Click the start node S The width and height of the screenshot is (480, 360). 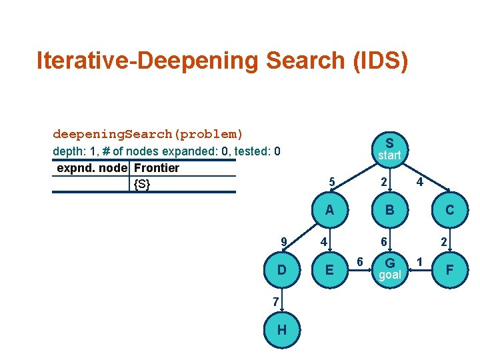tap(389, 149)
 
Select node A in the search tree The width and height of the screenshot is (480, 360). tap(329, 210)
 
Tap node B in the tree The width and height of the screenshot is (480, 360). tap(389, 210)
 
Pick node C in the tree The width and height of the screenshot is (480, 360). tap(450, 210)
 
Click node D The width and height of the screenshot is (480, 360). tap(282, 270)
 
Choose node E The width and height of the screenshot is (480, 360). tap(329, 270)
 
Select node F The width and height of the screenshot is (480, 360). tap(450, 270)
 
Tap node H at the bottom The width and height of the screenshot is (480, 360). tap(282, 331)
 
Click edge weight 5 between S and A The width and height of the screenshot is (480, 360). tap(331, 181)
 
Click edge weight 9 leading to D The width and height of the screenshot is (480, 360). tap(284, 241)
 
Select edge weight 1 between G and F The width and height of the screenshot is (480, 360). tap(419, 260)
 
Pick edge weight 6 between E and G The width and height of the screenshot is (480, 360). tap(359, 260)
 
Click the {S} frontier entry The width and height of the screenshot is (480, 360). tap(141, 184)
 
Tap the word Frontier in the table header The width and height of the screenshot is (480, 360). tap(157, 168)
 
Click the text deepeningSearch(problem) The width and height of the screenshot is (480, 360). tap(148, 134)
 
